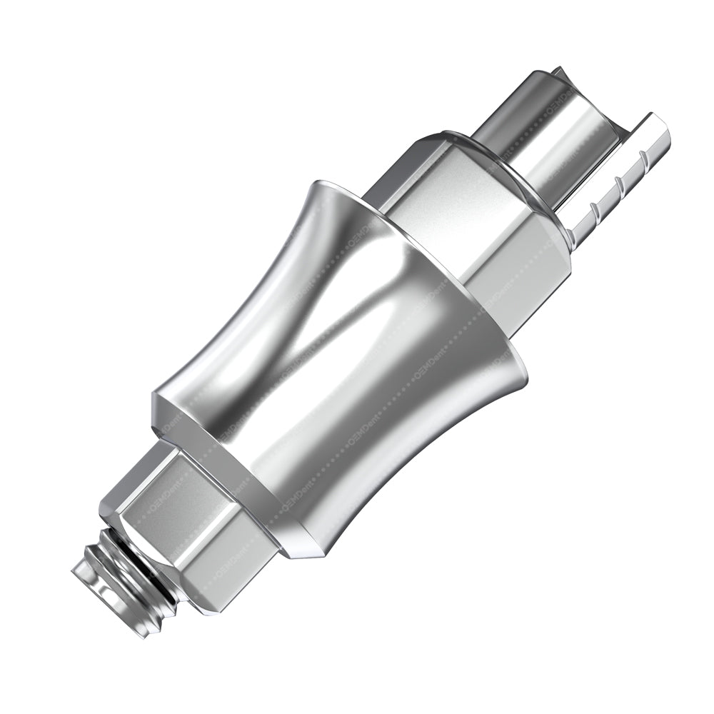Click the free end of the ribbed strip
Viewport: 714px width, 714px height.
pyautogui.click(x=660, y=129)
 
